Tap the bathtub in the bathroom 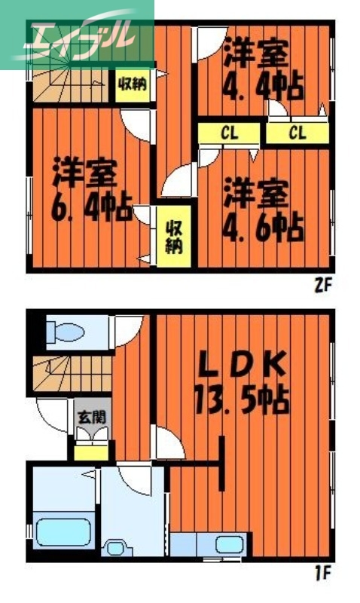click(x=62, y=534)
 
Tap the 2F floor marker click(x=322, y=285)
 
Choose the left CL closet click(x=230, y=133)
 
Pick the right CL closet click(x=297, y=133)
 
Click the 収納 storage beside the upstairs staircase click(x=131, y=84)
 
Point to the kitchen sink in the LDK click(x=226, y=543)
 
